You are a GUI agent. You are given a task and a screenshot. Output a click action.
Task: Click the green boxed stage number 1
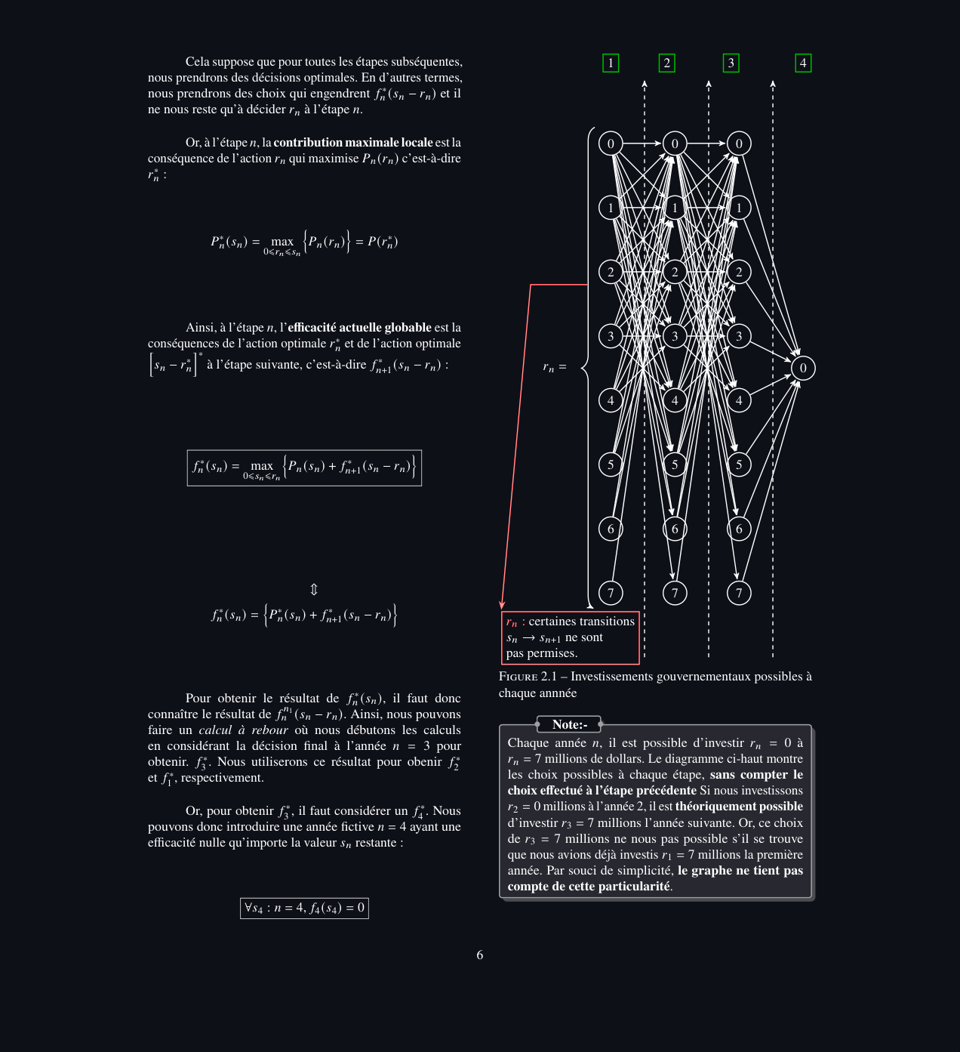pos(611,63)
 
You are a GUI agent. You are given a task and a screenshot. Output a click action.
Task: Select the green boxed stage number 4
pos(803,63)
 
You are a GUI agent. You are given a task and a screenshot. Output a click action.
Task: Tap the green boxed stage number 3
pos(731,63)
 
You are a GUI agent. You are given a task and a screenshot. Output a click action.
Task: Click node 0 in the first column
pos(611,143)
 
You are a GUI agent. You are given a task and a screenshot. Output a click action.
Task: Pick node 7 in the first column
pos(611,593)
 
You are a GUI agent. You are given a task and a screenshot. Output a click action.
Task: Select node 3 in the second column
pos(675,336)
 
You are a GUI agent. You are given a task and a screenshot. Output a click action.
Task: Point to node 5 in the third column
pos(739,464)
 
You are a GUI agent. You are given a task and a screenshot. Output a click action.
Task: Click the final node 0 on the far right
pos(803,368)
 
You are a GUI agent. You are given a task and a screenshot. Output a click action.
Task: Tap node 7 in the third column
pos(739,593)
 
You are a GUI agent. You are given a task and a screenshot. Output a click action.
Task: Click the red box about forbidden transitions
pos(571,637)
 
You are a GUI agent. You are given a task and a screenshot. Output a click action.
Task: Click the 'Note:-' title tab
pos(569,724)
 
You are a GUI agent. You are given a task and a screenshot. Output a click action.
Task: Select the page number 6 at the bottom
pos(480,955)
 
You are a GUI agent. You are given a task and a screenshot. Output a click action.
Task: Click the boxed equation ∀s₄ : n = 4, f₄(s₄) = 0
pos(304,908)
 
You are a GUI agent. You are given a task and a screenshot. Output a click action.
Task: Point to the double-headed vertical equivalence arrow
pos(314,589)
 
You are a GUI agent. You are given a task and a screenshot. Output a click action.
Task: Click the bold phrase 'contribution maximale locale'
pos(352,142)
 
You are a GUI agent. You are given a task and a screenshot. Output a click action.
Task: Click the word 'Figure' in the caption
pos(518,677)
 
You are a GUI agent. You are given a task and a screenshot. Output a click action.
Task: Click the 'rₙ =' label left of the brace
pos(554,368)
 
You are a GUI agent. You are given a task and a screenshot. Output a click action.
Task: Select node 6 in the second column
pos(675,529)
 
